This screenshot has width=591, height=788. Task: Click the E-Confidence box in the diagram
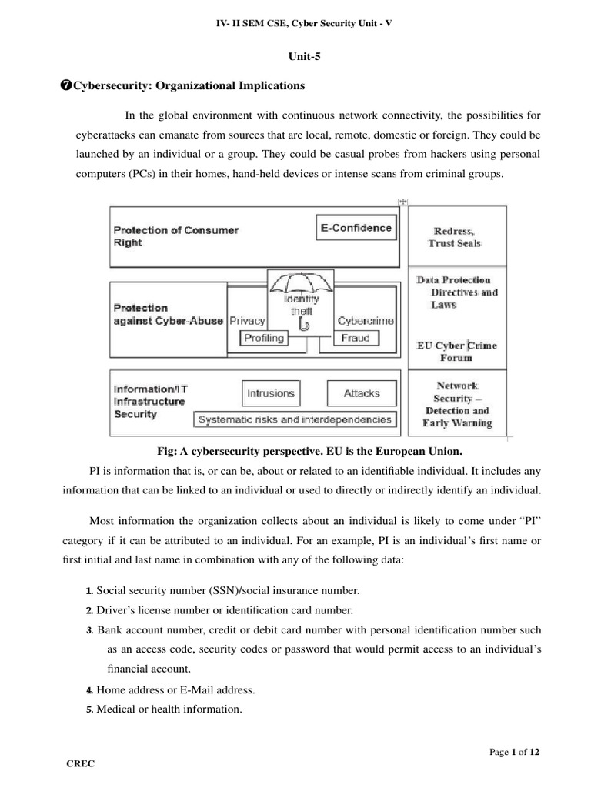click(x=356, y=228)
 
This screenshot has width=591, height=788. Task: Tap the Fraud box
click(x=355, y=338)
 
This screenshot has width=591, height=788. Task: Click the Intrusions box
click(x=270, y=393)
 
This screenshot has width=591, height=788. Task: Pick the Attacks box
click(x=361, y=393)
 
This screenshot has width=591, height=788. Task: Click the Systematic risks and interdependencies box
click(x=295, y=419)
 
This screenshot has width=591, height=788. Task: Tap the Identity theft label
click(x=302, y=305)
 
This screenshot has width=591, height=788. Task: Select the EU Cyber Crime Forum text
click(x=456, y=352)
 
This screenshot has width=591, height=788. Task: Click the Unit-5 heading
click(x=295, y=55)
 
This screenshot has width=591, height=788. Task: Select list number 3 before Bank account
click(x=89, y=629)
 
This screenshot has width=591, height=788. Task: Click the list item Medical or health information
click(x=169, y=710)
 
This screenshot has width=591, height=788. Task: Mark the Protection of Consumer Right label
click(x=176, y=235)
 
